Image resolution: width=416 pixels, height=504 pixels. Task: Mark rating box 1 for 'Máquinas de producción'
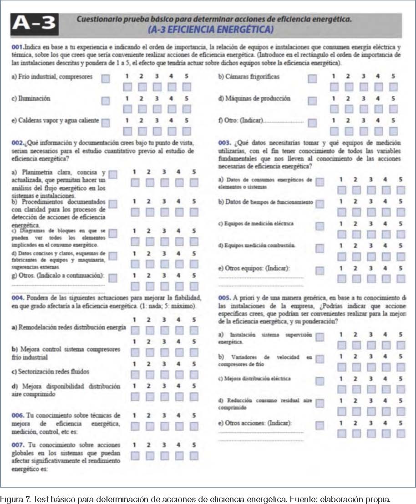334,109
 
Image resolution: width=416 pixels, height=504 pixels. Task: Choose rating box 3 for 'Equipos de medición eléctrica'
371,235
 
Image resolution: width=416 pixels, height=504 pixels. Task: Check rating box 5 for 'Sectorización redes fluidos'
194,374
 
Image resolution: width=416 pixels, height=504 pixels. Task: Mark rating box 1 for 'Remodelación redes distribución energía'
135,330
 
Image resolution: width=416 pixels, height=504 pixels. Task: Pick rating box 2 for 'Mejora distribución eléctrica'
356,389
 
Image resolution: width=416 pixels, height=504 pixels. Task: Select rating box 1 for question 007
135,455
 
